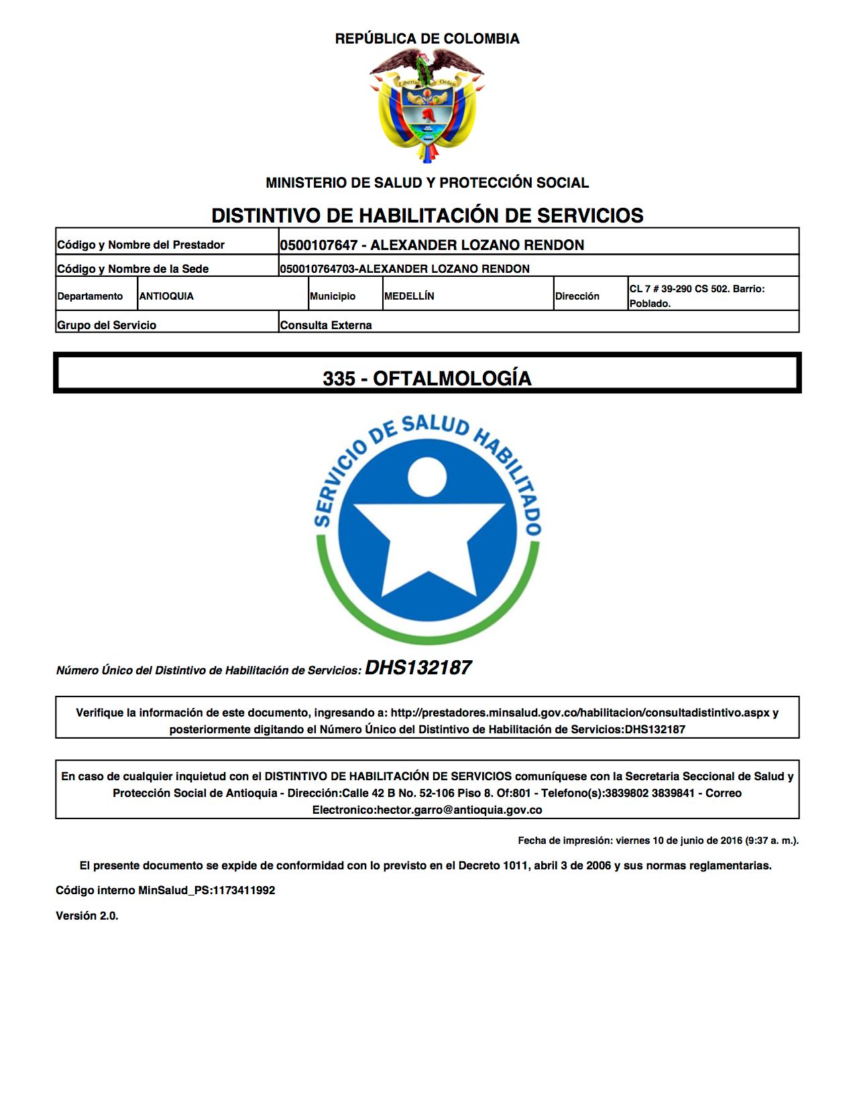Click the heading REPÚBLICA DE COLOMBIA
pos(427,39)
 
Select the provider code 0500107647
pos(319,245)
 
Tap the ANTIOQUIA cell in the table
pos(166,296)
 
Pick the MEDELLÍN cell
pos(409,296)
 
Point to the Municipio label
pos(333,296)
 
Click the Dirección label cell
pos(577,296)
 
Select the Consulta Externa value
pos(326,325)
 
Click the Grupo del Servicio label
pos(107,325)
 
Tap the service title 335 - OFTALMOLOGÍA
pos(427,378)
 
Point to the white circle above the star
pos(427,477)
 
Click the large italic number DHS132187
pos(418,668)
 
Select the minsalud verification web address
pos(580,713)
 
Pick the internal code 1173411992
pos(244,890)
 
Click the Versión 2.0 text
pos(87,916)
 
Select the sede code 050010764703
pos(317,269)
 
